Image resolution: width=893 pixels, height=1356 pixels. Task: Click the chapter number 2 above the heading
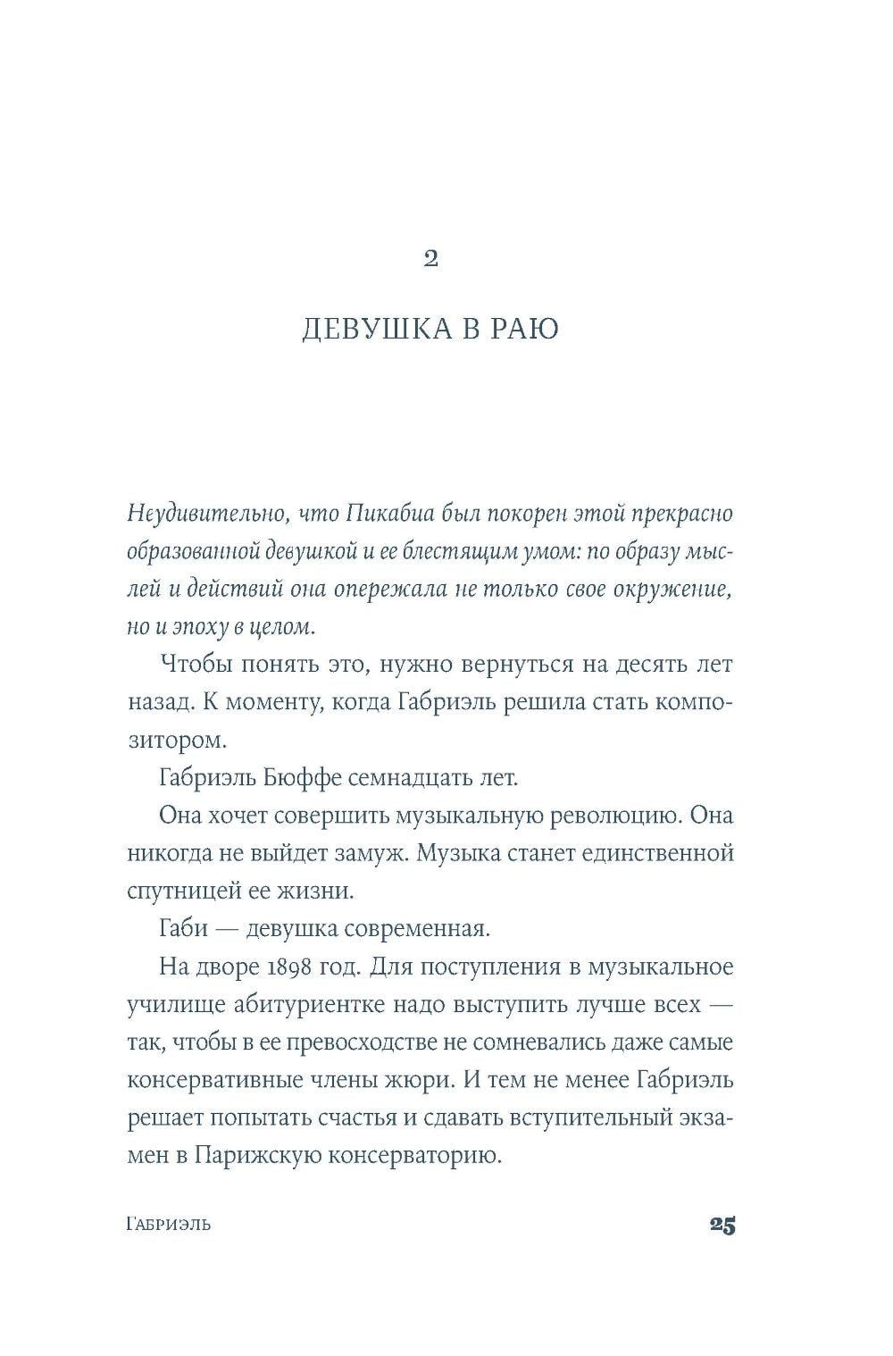[x=430, y=259]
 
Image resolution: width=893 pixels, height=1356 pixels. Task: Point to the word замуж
[x=348, y=852]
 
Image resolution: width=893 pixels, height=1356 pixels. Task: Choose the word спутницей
[x=183, y=891]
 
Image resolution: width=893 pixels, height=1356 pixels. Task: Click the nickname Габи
[x=183, y=928]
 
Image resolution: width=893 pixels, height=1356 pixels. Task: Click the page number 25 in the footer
[x=722, y=1225]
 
